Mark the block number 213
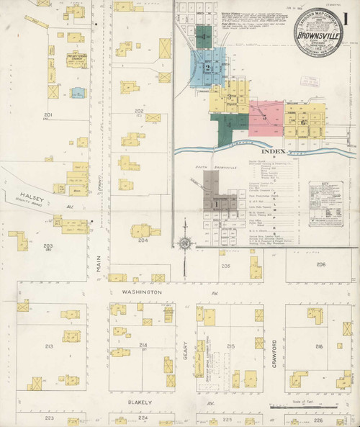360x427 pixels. pos(49,346)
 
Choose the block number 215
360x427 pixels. pos(231,346)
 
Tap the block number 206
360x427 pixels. pos(320,264)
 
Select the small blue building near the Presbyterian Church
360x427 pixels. pos(77,92)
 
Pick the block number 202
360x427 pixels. pos(139,110)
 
